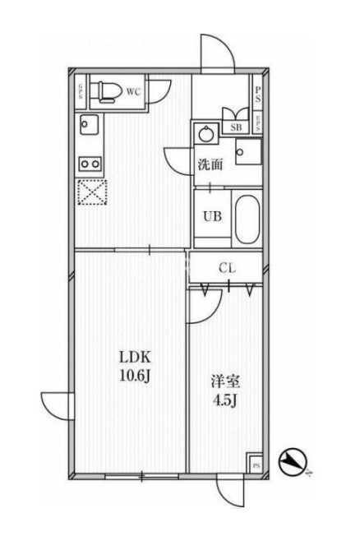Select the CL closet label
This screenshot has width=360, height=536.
(228, 267)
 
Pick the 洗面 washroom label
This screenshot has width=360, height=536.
(210, 164)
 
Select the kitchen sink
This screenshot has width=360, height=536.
(88, 126)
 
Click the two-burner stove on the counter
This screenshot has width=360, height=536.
(89, 164)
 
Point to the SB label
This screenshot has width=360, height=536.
(235, 127)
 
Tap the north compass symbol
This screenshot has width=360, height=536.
(292, 463)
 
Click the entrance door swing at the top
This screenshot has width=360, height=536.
(216, 53)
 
